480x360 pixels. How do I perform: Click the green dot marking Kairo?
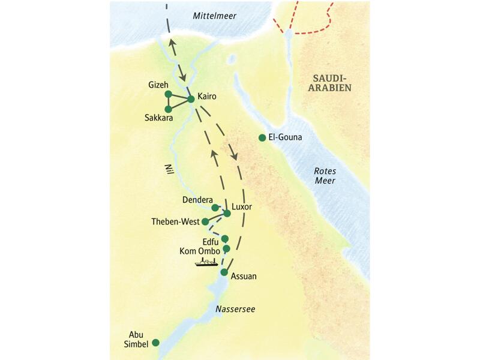coord(191,98)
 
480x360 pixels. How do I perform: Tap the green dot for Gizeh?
coord(168,94)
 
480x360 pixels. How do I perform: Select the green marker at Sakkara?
coord(168,109)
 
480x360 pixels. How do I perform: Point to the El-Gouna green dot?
coord(262,138)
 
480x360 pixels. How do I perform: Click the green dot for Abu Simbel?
coord(156,343)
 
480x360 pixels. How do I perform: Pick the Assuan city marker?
coord(224,272)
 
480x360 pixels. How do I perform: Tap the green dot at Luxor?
coord(227,213)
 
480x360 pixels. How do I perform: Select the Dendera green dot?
coord(215,208)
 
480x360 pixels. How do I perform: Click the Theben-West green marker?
coord(205,221)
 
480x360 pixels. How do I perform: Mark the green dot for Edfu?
coord(224,238)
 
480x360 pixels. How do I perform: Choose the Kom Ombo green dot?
coord(226,248)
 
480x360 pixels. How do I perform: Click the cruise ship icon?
coord(206,262)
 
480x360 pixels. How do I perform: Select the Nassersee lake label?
coord(235,309)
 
